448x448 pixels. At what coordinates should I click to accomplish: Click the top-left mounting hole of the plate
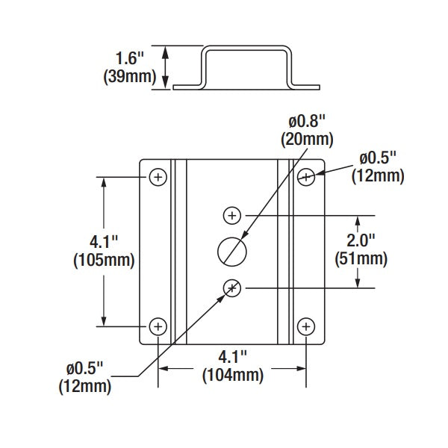click(x=158, y=177)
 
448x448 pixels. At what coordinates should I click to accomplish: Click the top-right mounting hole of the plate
click(x=305, y=177)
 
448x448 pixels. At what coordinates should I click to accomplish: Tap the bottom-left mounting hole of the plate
click(x=158, y=326)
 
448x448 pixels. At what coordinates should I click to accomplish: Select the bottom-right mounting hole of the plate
click(x=305, y=326)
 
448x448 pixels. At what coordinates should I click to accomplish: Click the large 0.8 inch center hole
click(x=232, y=251)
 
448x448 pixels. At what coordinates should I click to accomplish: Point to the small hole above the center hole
click(x=232, y=215)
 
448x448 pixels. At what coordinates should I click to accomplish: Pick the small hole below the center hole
click(x=232, y=287)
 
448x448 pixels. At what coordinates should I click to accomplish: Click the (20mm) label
click(x=307, y=139)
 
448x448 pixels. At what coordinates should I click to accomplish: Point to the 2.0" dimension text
click(x=361, y=240)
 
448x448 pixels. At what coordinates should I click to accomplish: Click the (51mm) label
click(x=361, y=259)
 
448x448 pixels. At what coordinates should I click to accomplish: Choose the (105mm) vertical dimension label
click(x=104, y=261)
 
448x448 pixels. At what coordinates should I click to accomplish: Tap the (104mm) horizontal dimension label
click(x=232, y=376)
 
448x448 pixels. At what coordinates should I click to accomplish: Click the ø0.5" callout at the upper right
click(x=381, y=158)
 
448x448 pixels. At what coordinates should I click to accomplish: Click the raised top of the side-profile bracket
click(x=246, y=49)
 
